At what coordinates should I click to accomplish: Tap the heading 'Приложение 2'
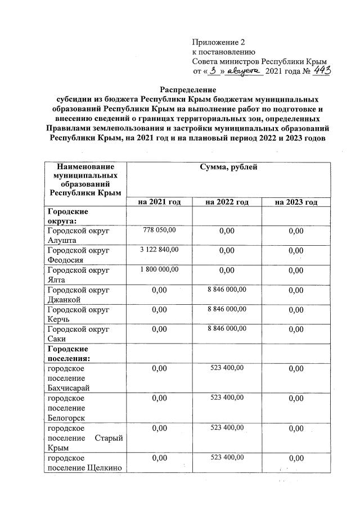pyautogui.click(x=219, y=43)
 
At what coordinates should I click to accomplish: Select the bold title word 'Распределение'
pyautogui.click(x=188, y=89)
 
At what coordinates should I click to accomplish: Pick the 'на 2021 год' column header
pyautogui.click(x=159, y=202)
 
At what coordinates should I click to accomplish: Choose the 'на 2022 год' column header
pyautogui.click(x=227, y=202)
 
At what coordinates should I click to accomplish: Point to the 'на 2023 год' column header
pyautogui.click(x=296, y=202)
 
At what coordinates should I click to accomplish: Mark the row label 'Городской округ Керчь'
pyautogui.click(x=78, y=314)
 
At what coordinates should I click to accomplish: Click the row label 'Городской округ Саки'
pyautogui.click(x=78, y=333)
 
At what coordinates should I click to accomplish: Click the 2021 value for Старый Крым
pyautogui.click(x=159, y=429)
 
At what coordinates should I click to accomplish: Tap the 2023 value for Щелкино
pyautogui.click(x=296, y=459)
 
